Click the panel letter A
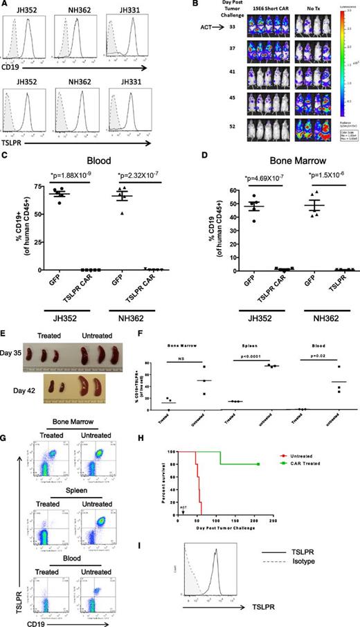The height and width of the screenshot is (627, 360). (x=6, y=6)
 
